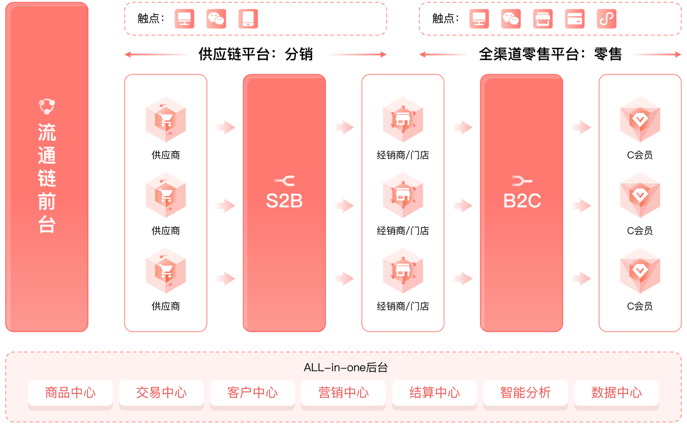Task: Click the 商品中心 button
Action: click(70, 393)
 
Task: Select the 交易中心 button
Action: click(161, 393)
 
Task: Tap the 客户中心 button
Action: click(252, 393)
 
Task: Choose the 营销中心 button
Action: click(343, 393)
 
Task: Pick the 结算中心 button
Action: click(435, 393)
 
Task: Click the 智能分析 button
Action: click(526, 393)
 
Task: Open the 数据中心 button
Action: click(617, 393)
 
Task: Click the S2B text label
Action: click(284, 201)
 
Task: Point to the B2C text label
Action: click(522, 201)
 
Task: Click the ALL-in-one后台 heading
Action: click(345, 367)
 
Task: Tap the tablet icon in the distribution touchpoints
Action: click(248, 19)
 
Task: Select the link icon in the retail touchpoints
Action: click(607, 19)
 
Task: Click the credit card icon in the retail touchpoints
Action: click(575, 19)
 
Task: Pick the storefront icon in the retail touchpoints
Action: click(543, 19)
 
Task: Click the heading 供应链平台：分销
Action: click(256, 54)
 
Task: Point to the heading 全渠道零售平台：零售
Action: click(550, 54)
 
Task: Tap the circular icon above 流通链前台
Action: click(47, 106)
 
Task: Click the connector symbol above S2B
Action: click(284, 181)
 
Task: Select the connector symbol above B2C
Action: click(522, 181)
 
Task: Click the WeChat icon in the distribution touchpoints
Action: click(216, 19)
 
